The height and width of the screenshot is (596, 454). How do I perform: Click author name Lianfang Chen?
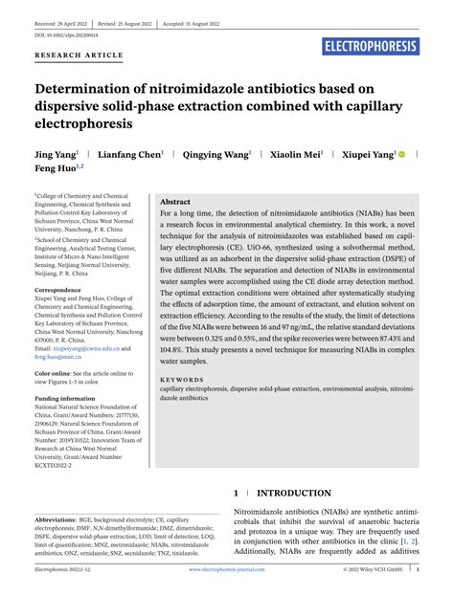click(131, 153)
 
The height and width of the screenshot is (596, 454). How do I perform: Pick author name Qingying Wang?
click(216, 153)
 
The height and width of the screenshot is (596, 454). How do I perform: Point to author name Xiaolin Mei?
click(301, 153)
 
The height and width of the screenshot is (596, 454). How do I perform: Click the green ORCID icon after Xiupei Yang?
click(402, 153)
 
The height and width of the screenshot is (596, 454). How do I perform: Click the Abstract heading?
click(175, 202)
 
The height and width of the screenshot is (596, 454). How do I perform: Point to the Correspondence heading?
click(57, 289)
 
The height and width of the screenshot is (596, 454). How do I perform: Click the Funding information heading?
click(64, 397)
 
